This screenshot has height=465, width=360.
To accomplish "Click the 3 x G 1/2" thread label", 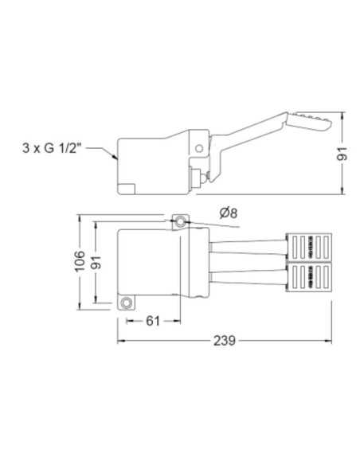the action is (x=52, y=147).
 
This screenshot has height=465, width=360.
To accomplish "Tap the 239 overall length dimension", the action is (x=225, y=341).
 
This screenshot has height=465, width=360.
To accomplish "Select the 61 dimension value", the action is (x=153, y=321).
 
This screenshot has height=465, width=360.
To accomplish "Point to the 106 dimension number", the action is (x=80, y=261).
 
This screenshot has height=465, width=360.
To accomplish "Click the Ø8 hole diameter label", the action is (x=229, y=213).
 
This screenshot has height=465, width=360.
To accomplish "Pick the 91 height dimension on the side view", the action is (x=342, y=154).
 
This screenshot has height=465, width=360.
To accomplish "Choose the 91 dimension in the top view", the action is (x=96, y=262).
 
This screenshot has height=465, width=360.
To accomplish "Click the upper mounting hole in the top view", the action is (x=180, y=221).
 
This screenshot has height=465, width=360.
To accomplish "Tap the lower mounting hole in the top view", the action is (x=127, y=303).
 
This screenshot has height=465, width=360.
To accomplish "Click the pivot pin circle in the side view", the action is (x=199, y=148).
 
